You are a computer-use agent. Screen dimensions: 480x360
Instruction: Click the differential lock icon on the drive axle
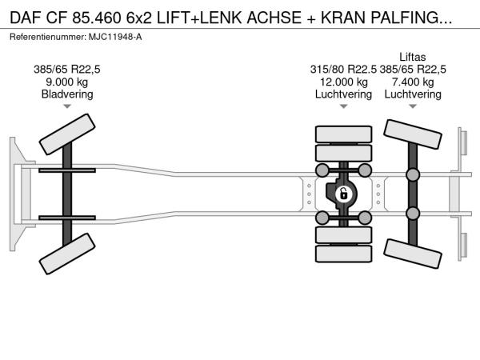[343, 194]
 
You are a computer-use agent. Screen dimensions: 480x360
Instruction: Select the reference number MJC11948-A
[115, 37]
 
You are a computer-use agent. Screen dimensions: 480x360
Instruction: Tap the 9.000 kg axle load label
[66, 82]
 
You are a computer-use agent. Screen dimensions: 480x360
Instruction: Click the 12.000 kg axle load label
[343, 82]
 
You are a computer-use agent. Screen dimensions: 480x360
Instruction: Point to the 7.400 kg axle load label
[413, 82]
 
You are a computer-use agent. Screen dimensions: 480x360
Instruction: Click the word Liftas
[412, 57]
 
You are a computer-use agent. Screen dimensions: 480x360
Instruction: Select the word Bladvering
[67, 94]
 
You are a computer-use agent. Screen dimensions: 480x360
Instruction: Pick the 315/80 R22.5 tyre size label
[343, 70]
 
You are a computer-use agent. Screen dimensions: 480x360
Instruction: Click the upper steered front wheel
[67, 134]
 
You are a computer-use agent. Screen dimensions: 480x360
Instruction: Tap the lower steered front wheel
[67, 254]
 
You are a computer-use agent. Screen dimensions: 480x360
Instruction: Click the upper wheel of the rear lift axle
[412, 134]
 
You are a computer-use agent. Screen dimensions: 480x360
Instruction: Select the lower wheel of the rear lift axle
[412, 254]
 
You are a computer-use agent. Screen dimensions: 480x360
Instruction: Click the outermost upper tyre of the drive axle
[343, 134]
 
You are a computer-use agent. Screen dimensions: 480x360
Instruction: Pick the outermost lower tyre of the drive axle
[343, 254]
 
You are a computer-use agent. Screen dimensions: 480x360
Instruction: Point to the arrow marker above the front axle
[67, 106]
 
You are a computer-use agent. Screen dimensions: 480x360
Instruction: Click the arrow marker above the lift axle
[413, 106]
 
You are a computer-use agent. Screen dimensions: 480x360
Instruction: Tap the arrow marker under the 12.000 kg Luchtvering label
[343, 106]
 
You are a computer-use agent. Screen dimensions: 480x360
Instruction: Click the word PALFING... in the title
[411, 18]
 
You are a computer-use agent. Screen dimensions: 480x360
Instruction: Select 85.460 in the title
[97, 18]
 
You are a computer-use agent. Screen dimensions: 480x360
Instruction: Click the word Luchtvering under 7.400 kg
[413, 94]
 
